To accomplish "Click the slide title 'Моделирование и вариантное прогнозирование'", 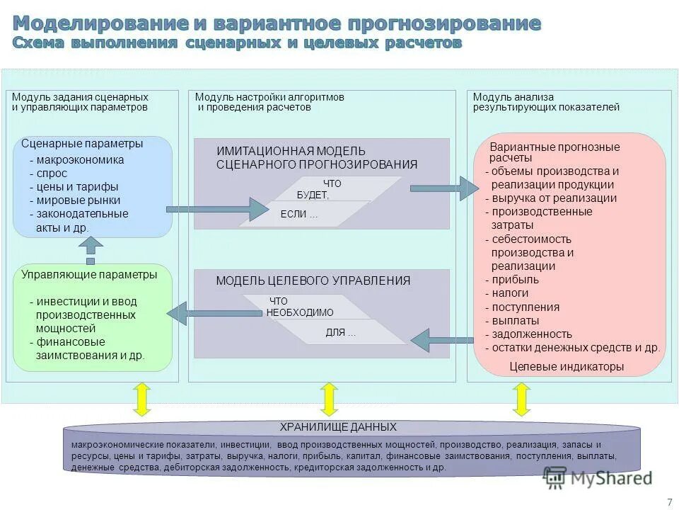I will pos(277,23).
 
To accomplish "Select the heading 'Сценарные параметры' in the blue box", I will pos(82,144).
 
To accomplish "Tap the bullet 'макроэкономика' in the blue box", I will pos(80,160).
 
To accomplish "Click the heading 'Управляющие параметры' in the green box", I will pos(89,275).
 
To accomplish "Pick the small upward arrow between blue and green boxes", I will pos(91,250).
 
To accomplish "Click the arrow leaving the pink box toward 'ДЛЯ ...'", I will pos(441,340).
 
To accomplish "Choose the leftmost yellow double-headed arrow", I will pos(141,399).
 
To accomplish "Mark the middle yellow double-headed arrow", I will pos(329,399).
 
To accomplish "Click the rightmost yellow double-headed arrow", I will pos(521,399).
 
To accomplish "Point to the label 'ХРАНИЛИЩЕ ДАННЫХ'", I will pos(338,427).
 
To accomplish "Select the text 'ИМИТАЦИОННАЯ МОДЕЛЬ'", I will pos(291,151).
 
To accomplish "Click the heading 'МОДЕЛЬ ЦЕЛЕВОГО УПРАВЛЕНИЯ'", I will pos(313,280).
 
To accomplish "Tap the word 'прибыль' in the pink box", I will pos(515,280).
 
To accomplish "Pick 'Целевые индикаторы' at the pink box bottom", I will pos(567,367).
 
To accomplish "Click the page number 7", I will pos(669,502).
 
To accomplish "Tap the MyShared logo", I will pos(598,478).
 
